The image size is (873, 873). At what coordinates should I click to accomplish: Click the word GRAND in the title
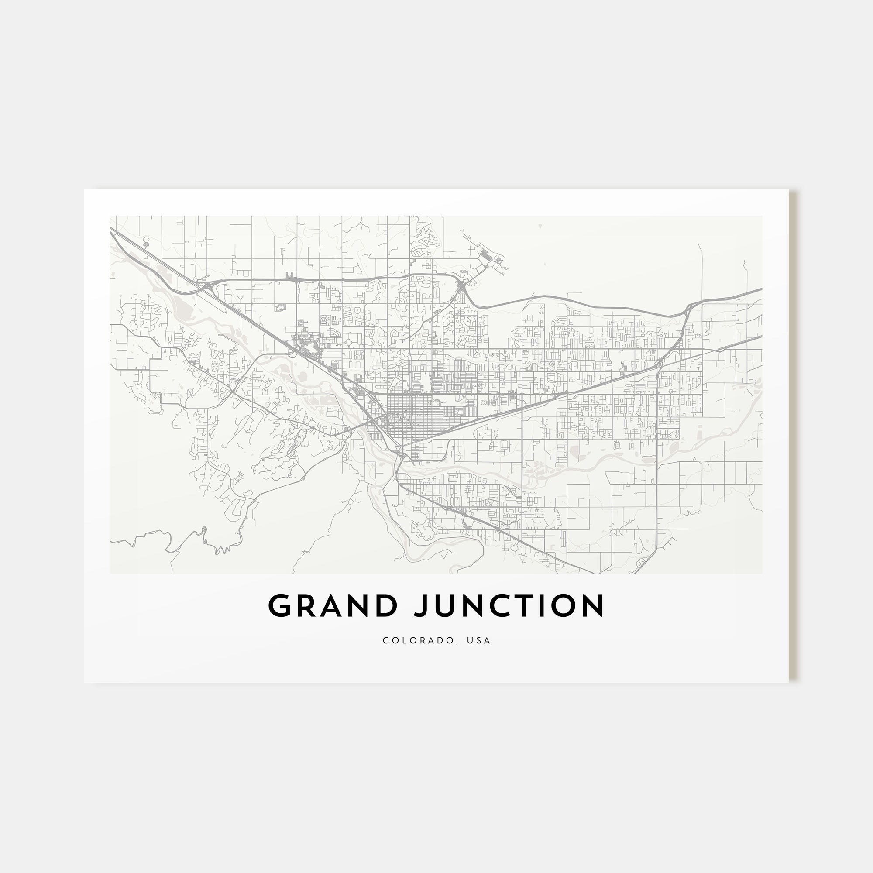[333, 605]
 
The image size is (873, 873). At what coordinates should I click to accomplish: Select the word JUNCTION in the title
[509, 605]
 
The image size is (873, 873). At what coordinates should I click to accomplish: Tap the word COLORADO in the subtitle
[419, 640]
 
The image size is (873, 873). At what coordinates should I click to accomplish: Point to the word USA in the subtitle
[479, 640]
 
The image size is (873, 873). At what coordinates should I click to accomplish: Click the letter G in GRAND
[280, 605]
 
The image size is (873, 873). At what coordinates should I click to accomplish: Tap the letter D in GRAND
[386, 605]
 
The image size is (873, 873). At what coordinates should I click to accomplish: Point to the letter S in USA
[479, 640]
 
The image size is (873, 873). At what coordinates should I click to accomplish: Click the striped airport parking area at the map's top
[486, 258]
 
